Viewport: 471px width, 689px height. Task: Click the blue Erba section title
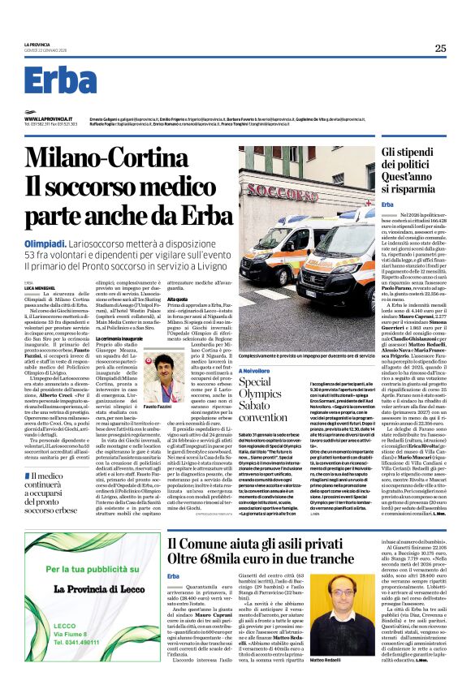pyautogui.click(x=60, y=81)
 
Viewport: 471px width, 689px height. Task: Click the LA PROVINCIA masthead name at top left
pyautogui.click(x=38, y=45)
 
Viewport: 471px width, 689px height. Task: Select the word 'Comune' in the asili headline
pyautogui.click(x=209, y=542)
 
